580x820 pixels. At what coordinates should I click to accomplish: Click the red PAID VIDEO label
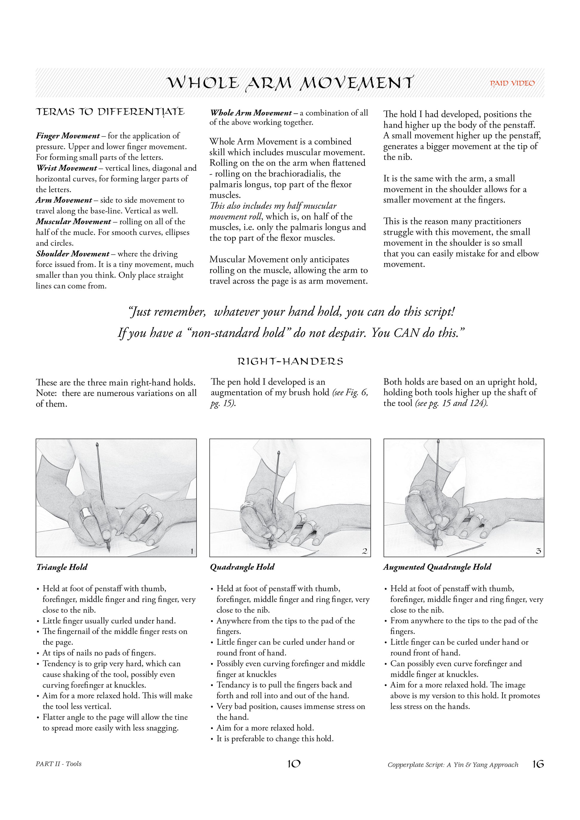pos(512,83)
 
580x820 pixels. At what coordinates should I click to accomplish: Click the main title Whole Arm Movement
pos(290,83)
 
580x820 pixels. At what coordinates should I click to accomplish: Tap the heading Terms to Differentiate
pos(110,112)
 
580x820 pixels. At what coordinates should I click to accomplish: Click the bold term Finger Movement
pos(68,136)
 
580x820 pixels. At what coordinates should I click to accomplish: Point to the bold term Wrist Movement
pos(66,168)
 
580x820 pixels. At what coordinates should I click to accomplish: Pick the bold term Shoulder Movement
pos(72,254)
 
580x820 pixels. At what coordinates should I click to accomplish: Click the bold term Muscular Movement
pos(73,222)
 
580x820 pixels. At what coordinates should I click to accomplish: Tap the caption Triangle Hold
pos(62,567)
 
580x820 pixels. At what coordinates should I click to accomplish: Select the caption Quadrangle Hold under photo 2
pos(242,567)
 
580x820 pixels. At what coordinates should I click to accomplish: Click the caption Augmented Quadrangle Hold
pos(437,567)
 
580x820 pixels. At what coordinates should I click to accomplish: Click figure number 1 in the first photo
pos(192,551)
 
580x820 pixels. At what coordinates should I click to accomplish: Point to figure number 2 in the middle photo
pos(365,551)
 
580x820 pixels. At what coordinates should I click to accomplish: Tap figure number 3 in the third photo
pos(539,551)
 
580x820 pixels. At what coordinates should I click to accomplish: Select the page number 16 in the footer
pos(538,764)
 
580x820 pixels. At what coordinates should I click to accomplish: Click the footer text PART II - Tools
pos(59,764)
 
